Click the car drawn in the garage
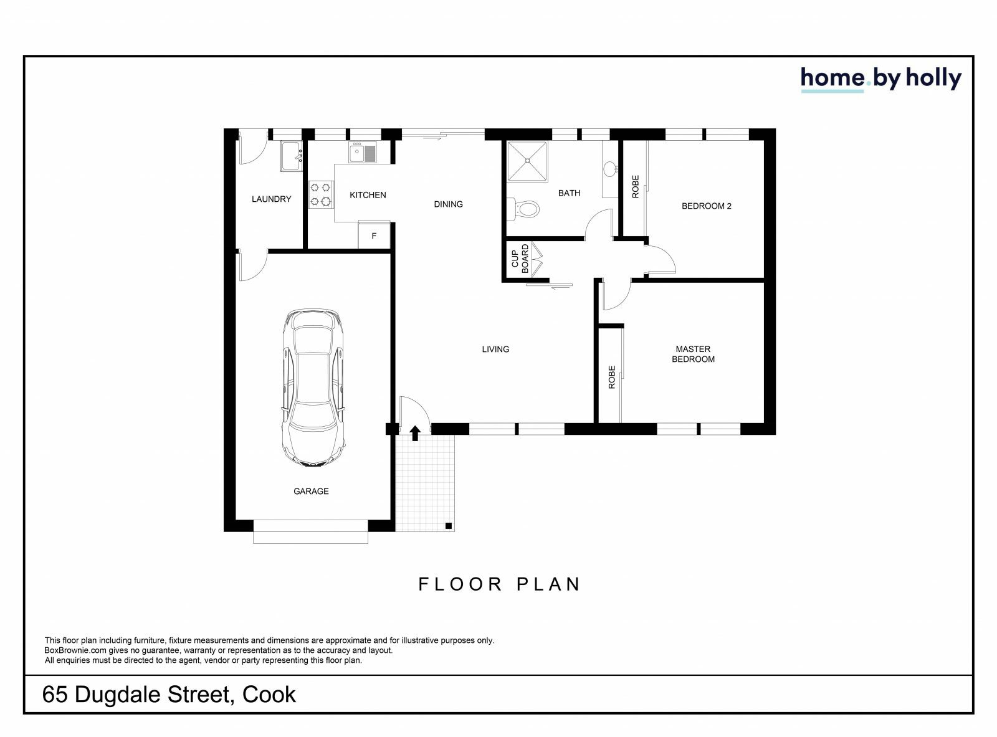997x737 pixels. pyautogui.click(x=312, y=388)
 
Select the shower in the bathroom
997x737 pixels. pyautogui.click(x=527, y=161)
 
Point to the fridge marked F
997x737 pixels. pyautogui.click(x=374, y=235)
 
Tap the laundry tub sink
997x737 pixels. pyautogui.click(x=290, y=156)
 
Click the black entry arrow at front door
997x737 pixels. pyautogui.click(x=415, y=433)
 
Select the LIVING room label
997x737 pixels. pyautogui.click(x=495, y=349)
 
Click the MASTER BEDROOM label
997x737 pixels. pyautogui.click(x=693, y=354)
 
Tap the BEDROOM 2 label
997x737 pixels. pyautogui.click(x=706, y=206)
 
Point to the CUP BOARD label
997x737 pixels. pyautogui.click(x=520, y=259)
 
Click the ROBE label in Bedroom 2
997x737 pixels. pyautogui.click(x=636, y=186)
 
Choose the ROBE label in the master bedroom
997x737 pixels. pyautogui.click(x=611, y=377)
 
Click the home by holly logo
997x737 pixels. pyautogui.click(x=880, y=79)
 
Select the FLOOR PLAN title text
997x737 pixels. pyautogui.click(x=499, y=584)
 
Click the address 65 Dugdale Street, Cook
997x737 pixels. pyautogui.click(x=169, y=695)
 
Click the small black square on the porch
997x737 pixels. pyautogui.click(x=448, y=526)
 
